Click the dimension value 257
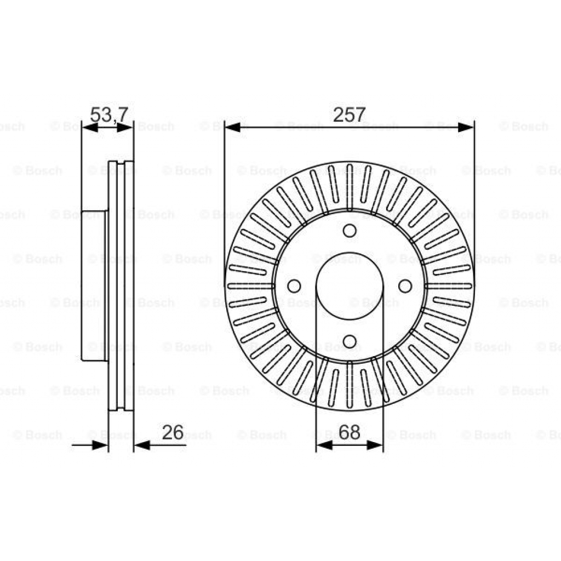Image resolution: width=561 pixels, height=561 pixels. pyautogui.click(x=349, y=115)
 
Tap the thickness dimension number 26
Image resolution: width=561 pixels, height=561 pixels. pyautogui.click(x=173, y=432)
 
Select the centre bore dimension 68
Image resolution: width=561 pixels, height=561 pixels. pyautogui.click(x=349, y=432)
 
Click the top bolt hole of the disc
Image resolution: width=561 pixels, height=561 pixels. pyautogui.click(x=350, y=231)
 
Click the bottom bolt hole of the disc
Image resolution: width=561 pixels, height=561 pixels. pyautogui.click(x=350, y=342)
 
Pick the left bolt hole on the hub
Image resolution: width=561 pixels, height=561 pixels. pyautogui.click(x=294, y=286)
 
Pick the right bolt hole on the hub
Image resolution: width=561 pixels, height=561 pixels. pyautogui.click(x=405, y=286)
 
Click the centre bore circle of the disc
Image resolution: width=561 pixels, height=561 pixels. pyautogui.click(x=350, y=286)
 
